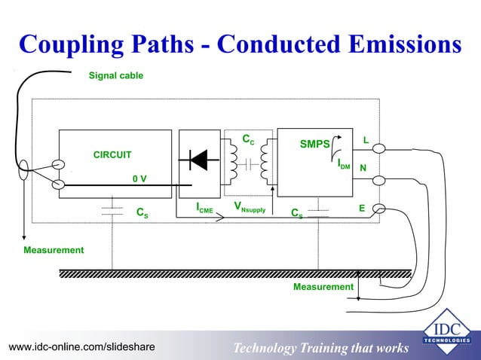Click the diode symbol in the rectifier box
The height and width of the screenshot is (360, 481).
(199, 159)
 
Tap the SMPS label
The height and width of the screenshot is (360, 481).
(314, 144)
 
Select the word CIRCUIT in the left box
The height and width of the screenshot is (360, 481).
(112, 154)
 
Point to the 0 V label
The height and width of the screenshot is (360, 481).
(139, 178)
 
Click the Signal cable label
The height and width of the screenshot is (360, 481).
(116, 76)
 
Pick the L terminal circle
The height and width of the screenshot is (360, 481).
(379, 148)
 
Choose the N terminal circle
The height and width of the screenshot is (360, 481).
(378, 179)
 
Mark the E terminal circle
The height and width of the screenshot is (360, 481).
(378, 209)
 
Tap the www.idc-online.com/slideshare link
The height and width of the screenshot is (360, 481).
(81, 346)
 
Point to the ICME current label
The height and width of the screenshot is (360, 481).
(204, 206)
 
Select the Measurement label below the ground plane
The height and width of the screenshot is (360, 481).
(323, 287)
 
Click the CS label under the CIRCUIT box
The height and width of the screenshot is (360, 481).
(141, 213)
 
